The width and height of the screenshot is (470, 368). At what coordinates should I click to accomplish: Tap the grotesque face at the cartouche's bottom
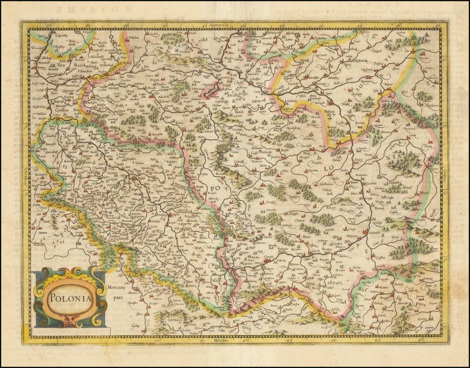click(x=70, y=322)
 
